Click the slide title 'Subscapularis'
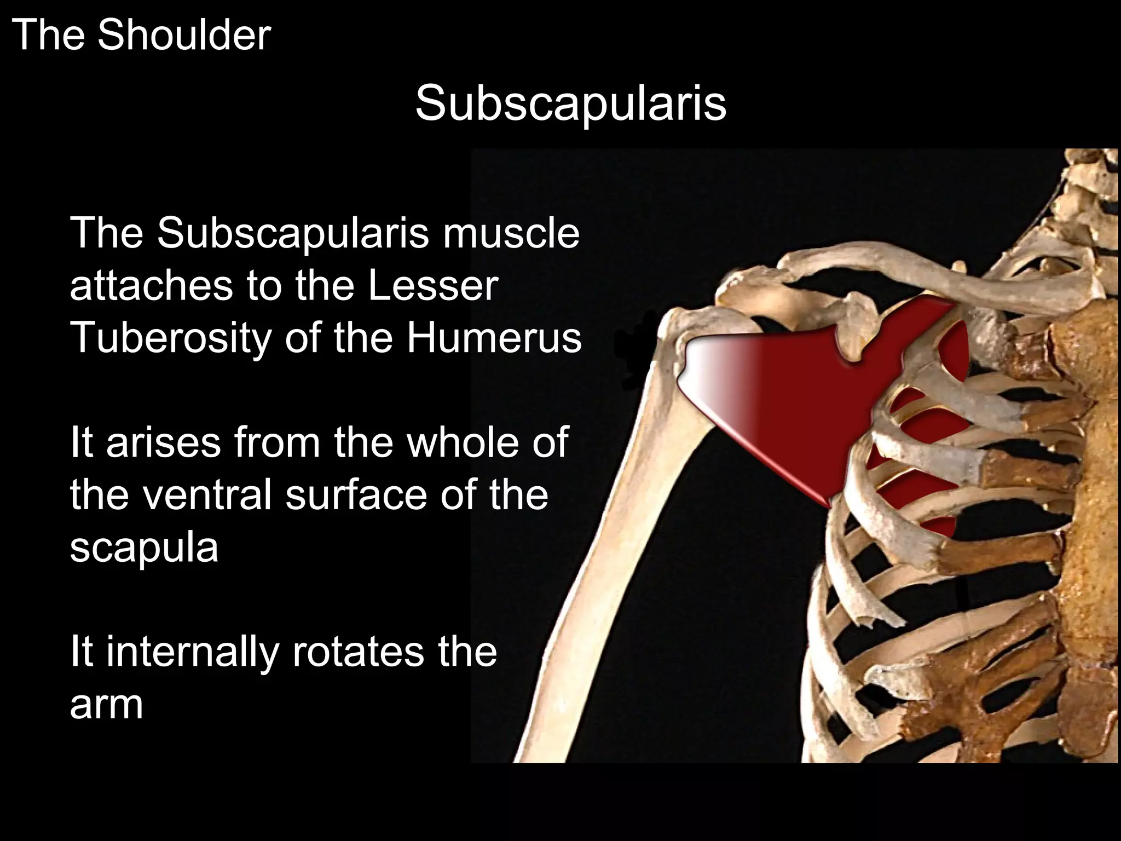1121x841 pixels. point(570,103)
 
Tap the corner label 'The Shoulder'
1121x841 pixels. point(141,35)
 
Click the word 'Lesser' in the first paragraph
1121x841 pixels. point(432,286)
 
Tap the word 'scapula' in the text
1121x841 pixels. point(144,546)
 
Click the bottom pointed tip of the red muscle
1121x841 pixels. point(827,501)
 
